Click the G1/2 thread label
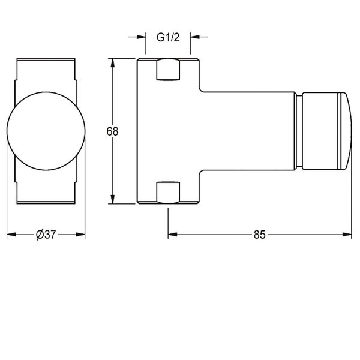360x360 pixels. click(x=168, y=37)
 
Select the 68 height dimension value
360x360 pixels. click(x=113, y=131)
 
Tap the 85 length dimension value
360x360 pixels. click(x=259, y=235)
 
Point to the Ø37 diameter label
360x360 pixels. click(x=46, y=235)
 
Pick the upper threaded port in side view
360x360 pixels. click(x=168, y=70)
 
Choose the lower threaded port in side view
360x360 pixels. click(x=168, y=193)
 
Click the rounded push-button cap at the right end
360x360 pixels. click(x=345, y=131)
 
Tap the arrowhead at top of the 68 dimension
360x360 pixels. click(x=112, y=62)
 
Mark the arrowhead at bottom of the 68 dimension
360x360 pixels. click(x=112, y=199)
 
